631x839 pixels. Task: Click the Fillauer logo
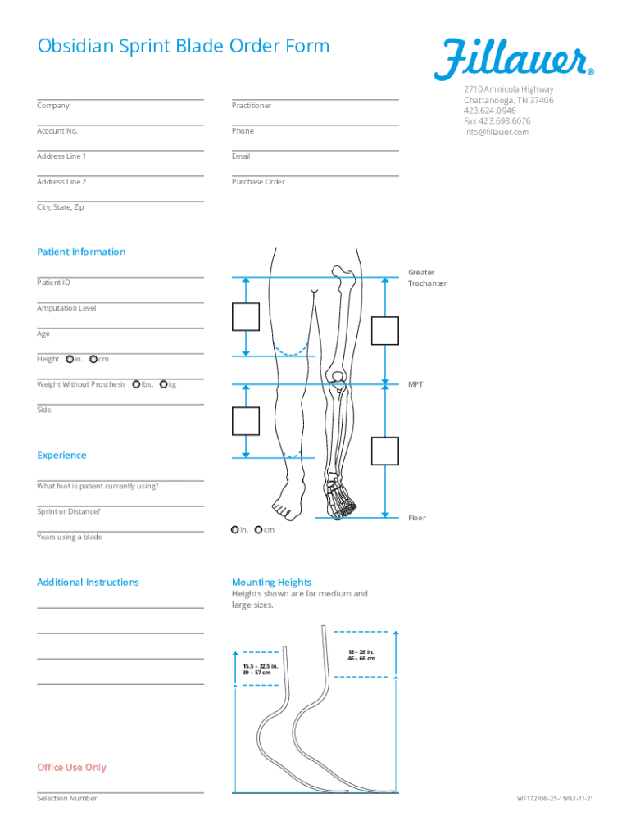click(514, 60)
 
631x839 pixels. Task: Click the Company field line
click(120, 99)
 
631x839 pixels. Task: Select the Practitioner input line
click(315, 99)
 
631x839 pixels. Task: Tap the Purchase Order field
click(315, 175)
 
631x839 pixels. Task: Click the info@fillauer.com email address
click(496, 132)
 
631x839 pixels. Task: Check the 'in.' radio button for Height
click(70, 359)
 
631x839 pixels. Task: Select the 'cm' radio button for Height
click(93, 359)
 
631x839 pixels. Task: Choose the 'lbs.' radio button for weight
click(136, 384)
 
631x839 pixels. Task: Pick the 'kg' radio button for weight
click(164, 384)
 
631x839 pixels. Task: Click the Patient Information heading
click(81, 252)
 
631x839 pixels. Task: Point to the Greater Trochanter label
click(427, 278)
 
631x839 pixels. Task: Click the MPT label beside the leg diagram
click(415, 384)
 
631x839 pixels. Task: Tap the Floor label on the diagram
click(417, 518)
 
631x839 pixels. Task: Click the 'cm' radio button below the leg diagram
click(259, 530)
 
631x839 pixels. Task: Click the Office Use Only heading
click(71, 768)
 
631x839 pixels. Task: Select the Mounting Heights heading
click(271, 583)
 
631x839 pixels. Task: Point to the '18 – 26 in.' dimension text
click(361, 651)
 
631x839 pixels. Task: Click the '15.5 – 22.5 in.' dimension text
click(261, 665)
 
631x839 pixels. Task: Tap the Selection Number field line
click(120, 791)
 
